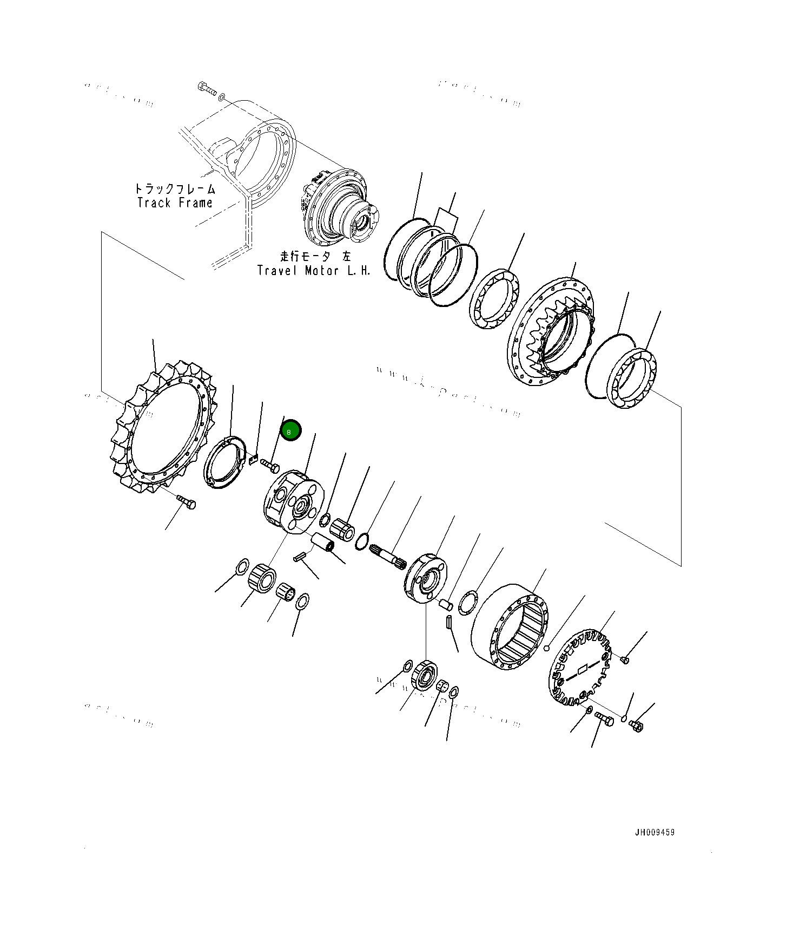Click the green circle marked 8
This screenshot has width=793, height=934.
tap(290, 431)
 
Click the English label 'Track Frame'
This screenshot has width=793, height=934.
tap(175, 203)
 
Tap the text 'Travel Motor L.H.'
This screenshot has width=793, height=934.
tap(314, 271)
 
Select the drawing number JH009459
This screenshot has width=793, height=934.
tap(655, 832)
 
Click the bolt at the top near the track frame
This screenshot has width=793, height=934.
tap(206, 88)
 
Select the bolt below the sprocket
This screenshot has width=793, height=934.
tap(187, 502)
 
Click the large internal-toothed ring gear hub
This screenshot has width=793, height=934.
tap(552, 333)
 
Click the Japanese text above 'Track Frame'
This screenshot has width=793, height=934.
tap(175, 189)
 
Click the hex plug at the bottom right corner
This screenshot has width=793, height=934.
tap(636, 726)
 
